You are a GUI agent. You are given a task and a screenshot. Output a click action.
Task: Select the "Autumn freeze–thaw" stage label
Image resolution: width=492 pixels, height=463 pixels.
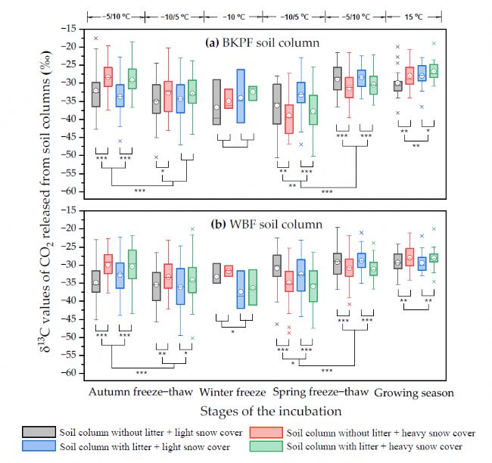tap(141, 393)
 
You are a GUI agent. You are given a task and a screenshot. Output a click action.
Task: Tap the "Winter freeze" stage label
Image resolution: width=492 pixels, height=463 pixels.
tap(232, 393)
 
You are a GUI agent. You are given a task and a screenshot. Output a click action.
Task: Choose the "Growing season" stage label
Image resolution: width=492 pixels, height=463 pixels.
tap(414, 393)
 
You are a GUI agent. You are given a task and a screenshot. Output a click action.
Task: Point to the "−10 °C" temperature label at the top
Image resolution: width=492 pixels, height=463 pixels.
tap(231, 14)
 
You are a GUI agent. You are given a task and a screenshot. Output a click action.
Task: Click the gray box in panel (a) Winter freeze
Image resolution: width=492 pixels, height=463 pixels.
tap(216, 101)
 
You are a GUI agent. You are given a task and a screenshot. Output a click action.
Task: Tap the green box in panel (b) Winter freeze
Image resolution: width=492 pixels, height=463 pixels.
tap(253, 287)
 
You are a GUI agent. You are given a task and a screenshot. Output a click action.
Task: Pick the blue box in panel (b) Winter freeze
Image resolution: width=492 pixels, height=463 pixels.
tap(241, 289)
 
